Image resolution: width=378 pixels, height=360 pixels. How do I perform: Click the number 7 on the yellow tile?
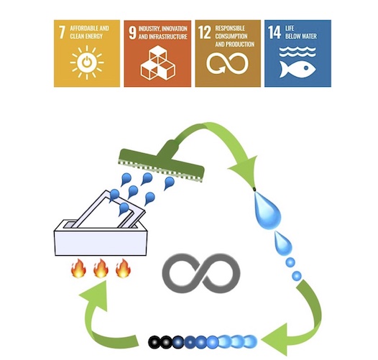[x=62, y=32]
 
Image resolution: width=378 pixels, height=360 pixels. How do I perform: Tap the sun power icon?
[x=87, y=63]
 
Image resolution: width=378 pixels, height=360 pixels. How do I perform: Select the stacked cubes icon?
[x=158, y=63]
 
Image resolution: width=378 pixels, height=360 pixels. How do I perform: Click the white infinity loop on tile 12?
[x=227, y=63]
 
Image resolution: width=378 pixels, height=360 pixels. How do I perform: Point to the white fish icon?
[x=298, y=69]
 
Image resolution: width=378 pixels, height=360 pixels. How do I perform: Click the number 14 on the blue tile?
[x=275, y=32]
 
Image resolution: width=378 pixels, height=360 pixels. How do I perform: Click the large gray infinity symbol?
[x=201, y=273]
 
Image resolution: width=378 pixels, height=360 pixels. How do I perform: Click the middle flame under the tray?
[x=101, y=268]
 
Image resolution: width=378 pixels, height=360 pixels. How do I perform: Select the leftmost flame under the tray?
[x=78, y=268]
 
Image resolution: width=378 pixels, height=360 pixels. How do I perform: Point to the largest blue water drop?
[x=267, y=209]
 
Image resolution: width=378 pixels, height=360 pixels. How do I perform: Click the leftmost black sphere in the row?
[x=155, y=342]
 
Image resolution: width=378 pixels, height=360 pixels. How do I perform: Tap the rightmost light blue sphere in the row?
[x=251, y=341]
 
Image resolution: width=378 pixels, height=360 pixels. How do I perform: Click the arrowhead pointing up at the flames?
[x=96, y=294]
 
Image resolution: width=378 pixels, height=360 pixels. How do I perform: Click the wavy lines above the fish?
[x=298, y=52]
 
